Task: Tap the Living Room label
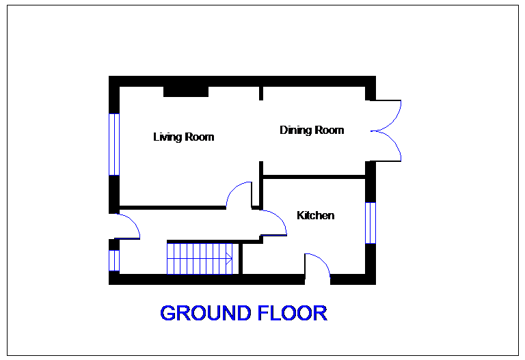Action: click(x=184, y=137)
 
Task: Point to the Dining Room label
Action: click(x=312, y=130)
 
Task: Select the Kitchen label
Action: click(x=316, y=216)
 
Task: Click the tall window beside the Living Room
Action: click(x=114, y=144)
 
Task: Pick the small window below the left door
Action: click(x=114, y=260)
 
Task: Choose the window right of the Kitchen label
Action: click(x=371, y=223)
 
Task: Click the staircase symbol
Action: click(x=200, y=259)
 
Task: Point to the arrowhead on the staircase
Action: click(x=230, y=259)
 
